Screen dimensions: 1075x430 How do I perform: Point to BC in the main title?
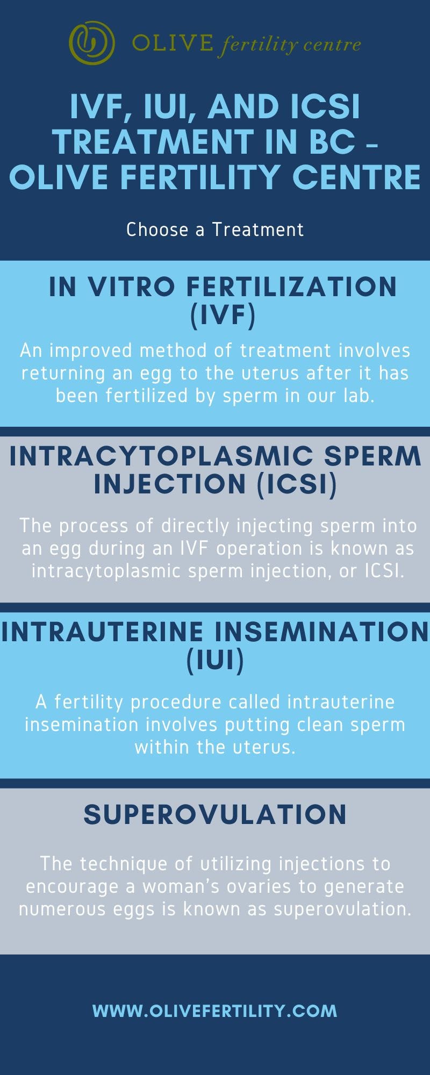[x=335, y=142]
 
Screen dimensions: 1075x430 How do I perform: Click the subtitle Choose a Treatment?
[x=215, y=230]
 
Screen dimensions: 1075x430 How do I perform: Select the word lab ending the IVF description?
[x=359, y=396]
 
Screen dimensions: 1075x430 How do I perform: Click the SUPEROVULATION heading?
[x=215, y=814]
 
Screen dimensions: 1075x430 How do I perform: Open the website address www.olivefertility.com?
[x=215, y=1011]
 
